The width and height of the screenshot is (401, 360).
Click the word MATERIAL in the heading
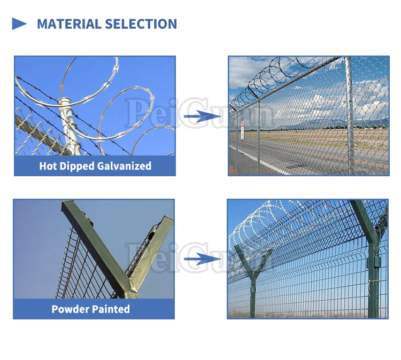pyautogui.click(x=69, y=24)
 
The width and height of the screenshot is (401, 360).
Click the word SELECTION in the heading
pyautogui.click(x=141, y=24)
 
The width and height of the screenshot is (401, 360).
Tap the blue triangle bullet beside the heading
pyautogui.click(x=19, y=24)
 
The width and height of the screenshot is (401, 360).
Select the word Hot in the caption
pyautogui.click(x=48, y=166)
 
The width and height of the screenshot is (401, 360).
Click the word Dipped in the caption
pyautogui.click(x=77, y=167)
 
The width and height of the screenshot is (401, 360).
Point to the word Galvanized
pyautogui.click(x=124, y=166)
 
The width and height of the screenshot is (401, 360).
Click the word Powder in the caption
pyautogui.click(x=70, y=309)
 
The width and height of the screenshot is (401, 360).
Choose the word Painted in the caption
pyautogui.click(x=110, y=309)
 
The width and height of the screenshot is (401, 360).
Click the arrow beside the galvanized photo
pyautogui.click(x=203, y=116)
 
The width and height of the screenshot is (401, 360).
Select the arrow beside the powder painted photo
pyautogui.click(x=203, y=259)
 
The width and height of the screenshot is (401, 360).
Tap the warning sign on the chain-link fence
pyautogui.click(x=242, y=130)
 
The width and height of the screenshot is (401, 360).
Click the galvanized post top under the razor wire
pyautogui.click(x=66, y=101)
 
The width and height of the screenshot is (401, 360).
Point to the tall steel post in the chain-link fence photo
pyautogui.click(x=349, y=115)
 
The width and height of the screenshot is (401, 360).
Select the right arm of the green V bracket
pyautogui.click(x=151, y=253)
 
